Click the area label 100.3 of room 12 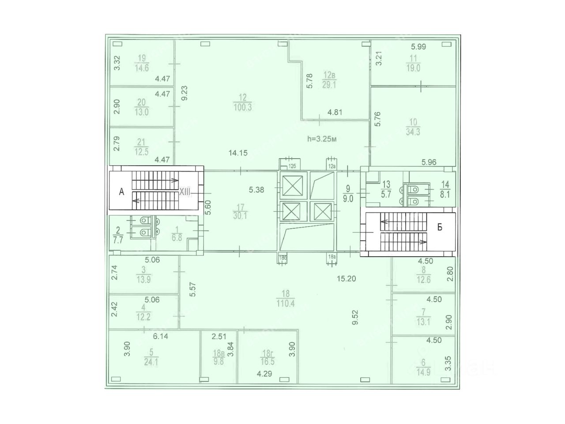pyautogui.click(x=242, y=107)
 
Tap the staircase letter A pyautogui.click(x=122, y=191)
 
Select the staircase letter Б pyautogui.click(x=440, y=227)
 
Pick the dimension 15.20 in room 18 pyautogui.click(x=347, y=279)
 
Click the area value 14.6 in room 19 pyautogui.click(x=142, y=68)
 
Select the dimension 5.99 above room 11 pyautogui.click(x=418, y=46)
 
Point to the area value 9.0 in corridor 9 pyautogui.click(x=348, y=199)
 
